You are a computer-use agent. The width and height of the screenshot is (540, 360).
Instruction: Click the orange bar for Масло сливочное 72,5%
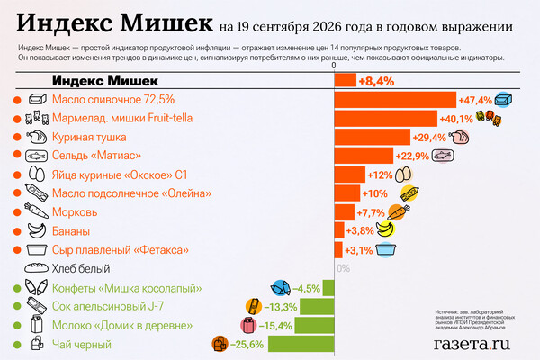(395, 100)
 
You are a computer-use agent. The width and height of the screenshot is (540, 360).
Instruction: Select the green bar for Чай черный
(301, 344)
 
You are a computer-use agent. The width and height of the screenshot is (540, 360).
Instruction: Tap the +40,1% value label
(456, 119)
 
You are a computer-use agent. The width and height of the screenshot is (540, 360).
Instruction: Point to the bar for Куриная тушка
(373, 137)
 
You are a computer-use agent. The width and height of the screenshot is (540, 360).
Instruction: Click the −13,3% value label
(280, 307)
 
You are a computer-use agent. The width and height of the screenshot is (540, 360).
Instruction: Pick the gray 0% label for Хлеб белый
(344, 268)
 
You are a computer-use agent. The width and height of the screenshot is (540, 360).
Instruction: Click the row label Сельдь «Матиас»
(96, 156)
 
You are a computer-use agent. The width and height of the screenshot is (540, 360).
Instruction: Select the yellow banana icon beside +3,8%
(385, 229)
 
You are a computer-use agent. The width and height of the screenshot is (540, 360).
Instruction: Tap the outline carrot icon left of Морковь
(37, 211)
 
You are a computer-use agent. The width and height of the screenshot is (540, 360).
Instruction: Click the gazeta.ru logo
(472, 344)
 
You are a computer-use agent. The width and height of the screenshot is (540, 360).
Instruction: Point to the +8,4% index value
(376, 81)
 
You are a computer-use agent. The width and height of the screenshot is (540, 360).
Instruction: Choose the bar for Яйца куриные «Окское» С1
(350, 175)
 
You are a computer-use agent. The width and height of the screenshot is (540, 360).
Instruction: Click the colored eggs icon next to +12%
(403, 175)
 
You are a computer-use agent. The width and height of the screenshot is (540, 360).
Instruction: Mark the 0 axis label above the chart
(334, 66)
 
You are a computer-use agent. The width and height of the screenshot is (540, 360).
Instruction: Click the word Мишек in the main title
(166, 23)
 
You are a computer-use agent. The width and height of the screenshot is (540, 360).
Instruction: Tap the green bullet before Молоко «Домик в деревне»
(17, 326)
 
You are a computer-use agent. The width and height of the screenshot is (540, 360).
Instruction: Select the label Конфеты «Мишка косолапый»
(127, 288)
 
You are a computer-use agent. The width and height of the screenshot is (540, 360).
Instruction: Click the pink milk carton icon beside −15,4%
(248, 325)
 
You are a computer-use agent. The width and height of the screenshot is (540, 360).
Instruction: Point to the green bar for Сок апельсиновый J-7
(317, 307)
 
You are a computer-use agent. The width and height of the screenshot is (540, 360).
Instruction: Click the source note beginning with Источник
(475, 319)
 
